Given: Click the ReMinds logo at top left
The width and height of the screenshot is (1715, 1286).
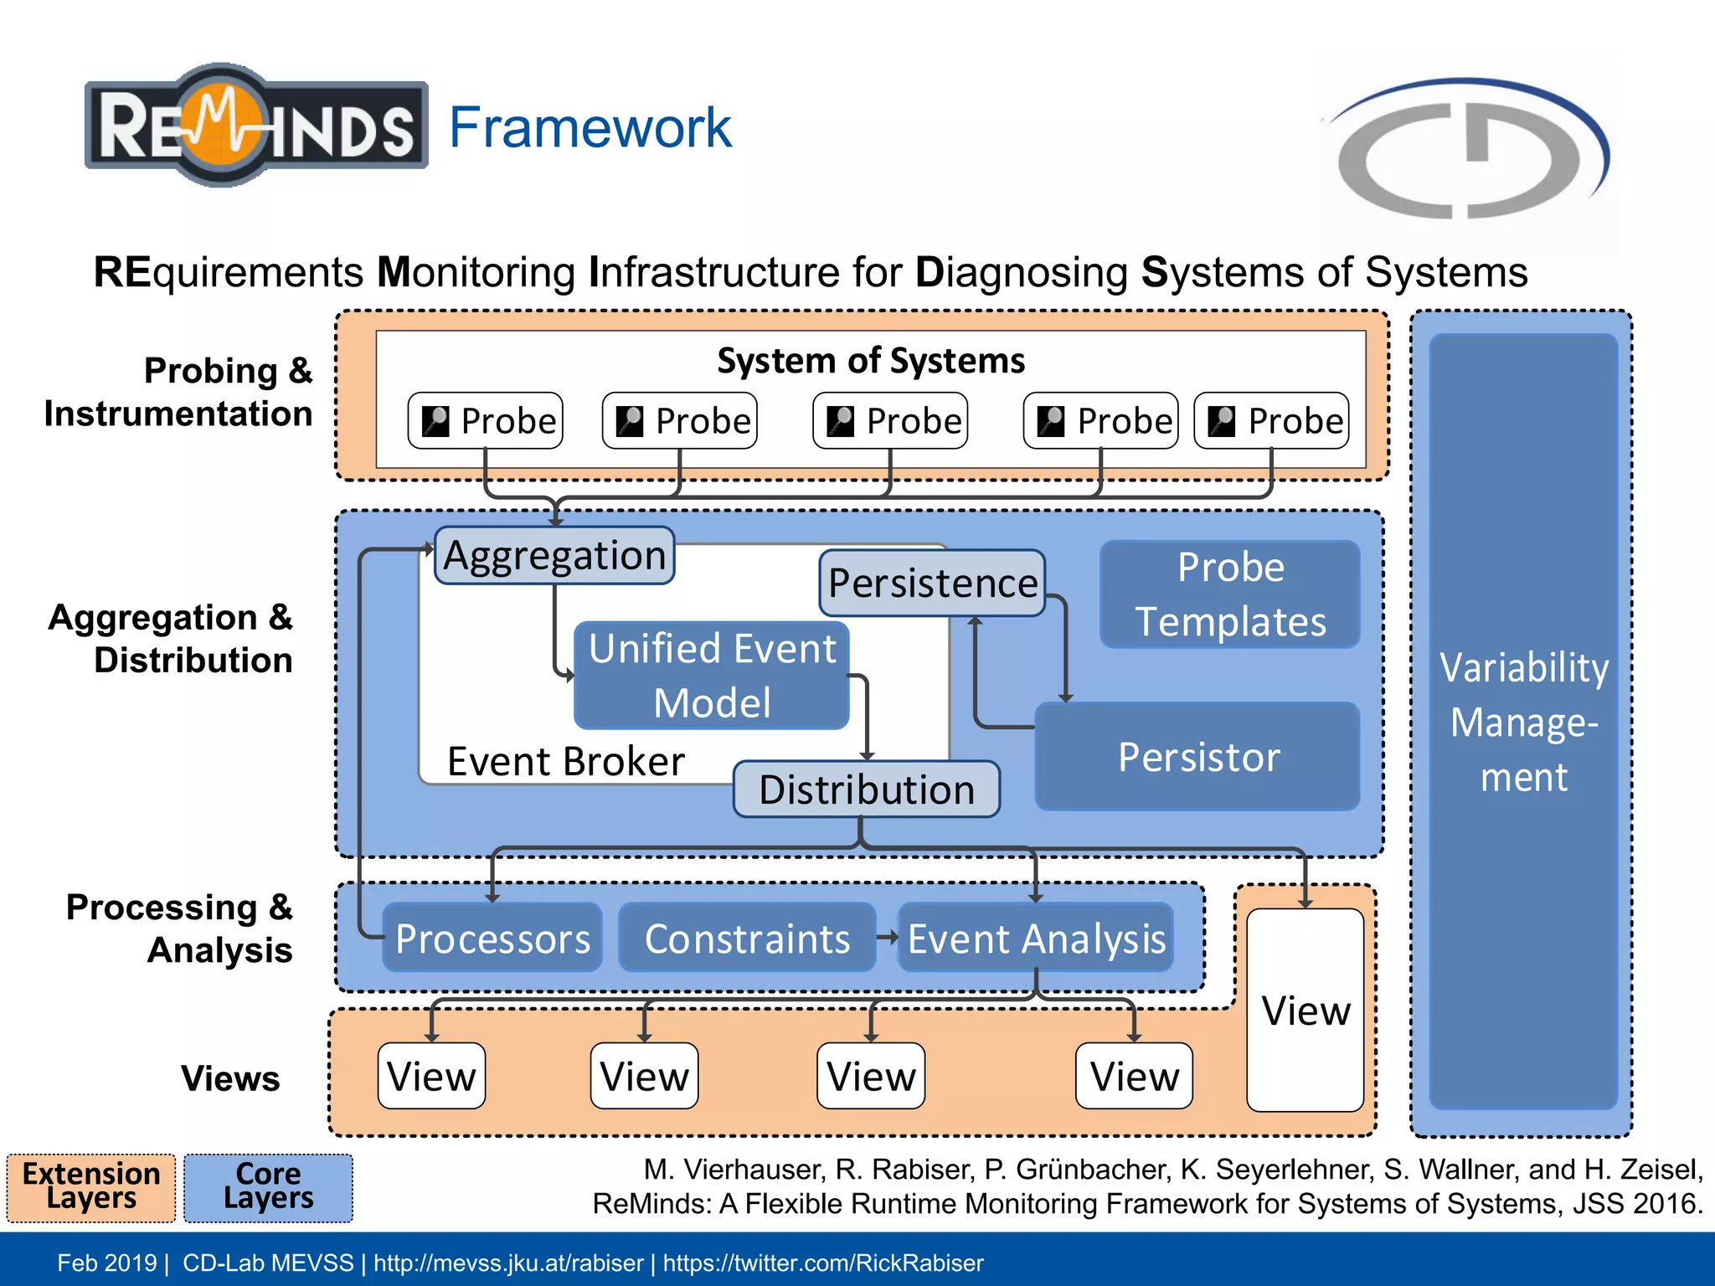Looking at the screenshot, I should pos(255,126).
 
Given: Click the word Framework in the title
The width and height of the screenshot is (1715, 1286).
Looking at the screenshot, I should pos(590,127).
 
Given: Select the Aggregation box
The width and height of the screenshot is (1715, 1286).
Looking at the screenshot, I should pos(554,555).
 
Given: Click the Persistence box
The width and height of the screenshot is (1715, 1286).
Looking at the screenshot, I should pos(932,583).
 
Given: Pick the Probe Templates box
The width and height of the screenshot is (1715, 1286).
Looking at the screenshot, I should pos(1229,594).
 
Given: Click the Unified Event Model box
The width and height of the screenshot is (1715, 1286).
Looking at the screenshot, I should pos(712,675).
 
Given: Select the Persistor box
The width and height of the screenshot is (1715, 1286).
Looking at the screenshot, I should pos(1197,757).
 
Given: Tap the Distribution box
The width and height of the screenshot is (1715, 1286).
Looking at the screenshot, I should pos(866,789).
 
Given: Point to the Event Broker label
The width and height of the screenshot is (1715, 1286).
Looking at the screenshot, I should pos(566,761).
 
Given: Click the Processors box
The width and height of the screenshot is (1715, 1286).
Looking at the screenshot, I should pos(492,938).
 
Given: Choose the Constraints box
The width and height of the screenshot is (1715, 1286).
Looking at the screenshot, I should pos(747,938).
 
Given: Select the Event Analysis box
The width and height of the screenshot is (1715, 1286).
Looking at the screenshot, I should pos(1036,938).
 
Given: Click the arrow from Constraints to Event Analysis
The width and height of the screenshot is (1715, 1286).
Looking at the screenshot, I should pos(887,938).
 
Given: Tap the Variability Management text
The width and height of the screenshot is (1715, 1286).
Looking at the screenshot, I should pos(1523,722).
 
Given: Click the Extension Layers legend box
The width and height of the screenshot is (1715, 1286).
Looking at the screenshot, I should pos(91,1187).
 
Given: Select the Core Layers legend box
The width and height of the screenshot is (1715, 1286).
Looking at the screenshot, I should pos(268,1187).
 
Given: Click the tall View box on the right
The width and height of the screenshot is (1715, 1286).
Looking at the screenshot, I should pos(1305,1010).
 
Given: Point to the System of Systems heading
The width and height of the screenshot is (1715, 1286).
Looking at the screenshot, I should pos(871,361).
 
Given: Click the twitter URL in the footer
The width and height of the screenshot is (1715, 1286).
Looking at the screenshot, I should pos(823,1263).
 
